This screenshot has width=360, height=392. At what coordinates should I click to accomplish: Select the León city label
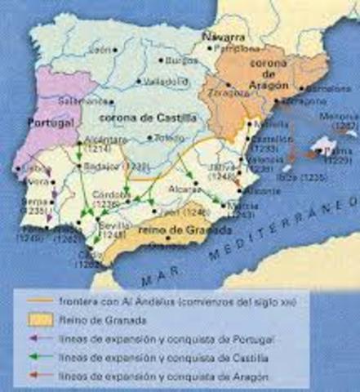tap(101, 50)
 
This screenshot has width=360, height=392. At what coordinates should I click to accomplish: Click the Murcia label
tap(242, 206)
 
